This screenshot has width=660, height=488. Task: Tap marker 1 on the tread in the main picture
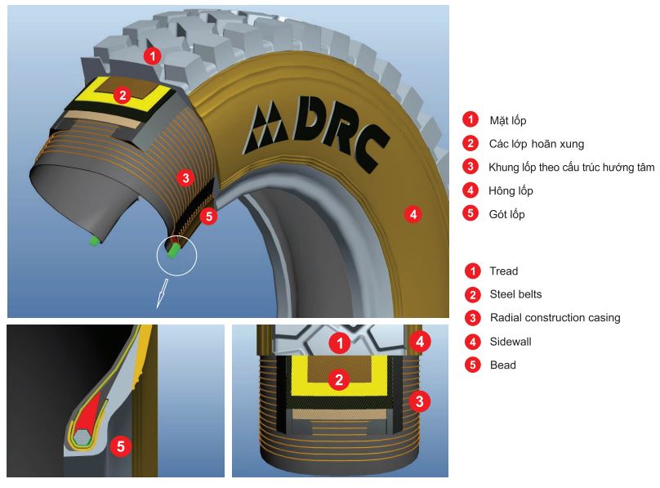(151, 56)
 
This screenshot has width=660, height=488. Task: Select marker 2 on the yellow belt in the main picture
(122, 95)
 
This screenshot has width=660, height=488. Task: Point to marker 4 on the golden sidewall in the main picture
(413, 214)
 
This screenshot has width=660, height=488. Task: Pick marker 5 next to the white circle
(207, 217)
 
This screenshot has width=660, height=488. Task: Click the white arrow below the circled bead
(163, 292)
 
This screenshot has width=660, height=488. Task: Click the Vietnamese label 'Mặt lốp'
(507, 120)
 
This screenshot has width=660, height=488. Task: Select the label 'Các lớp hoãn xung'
(536, 144)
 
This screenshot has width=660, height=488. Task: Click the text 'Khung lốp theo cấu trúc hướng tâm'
(571, 167)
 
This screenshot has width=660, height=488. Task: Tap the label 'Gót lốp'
(506, 214)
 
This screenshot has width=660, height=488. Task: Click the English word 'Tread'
(503, 271)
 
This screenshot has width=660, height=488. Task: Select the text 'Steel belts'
(515, 294)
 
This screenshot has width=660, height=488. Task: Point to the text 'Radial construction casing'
(554, 318)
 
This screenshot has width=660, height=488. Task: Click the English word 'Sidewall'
(511, 342)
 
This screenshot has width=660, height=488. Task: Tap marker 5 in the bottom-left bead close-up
(121, 445)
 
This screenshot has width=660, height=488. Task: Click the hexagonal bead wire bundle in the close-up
(81, 438)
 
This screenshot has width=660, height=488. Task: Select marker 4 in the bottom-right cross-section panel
(419, 341)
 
